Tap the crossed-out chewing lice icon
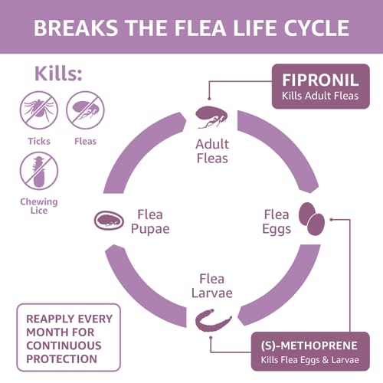[38, 170]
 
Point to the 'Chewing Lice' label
[38, 205]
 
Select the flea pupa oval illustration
[110, 221]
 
